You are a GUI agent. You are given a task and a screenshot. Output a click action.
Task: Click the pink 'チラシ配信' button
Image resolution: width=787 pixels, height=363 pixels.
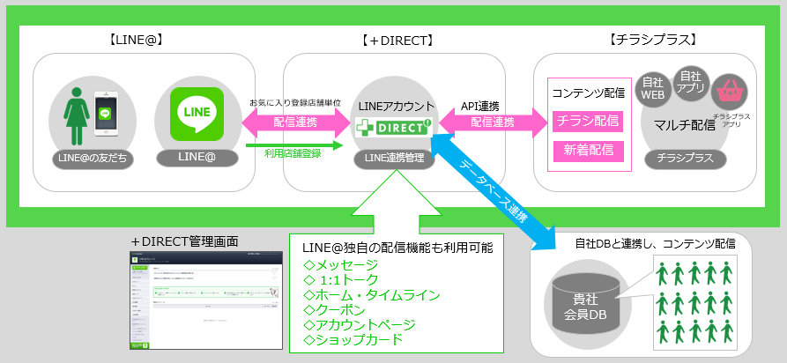pyautogui.click(x=588, y=121)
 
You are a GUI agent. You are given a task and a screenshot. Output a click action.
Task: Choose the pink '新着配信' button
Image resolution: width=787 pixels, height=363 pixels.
pyautogui.click(x=588, y=151)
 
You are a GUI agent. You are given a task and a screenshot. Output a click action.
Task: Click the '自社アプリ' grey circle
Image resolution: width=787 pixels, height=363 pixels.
pyautogui.click(x=690, y=82)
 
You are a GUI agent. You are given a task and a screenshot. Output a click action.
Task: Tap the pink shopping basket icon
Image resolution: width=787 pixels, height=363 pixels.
pyautogui.click(x=731, y=90)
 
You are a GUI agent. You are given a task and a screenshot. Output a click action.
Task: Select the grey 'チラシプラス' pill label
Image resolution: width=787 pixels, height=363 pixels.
pyautogui.click(x=691, y=159)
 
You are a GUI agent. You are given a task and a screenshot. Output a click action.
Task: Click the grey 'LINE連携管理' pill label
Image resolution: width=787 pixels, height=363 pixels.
pyautogui.click(x=394, y=158)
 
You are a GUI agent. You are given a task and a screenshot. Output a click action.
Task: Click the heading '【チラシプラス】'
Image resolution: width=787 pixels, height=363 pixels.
pyautogui.click(x=653, y=40)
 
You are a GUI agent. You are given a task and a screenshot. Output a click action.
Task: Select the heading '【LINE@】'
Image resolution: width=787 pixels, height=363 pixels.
pyautogui.click(x=135, y=40)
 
